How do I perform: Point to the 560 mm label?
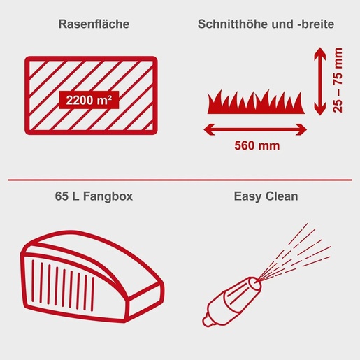click(x=256, y=146)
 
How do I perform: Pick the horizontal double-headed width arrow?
click(x=256, y=128)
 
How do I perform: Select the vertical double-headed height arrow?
click(x=319, y=80)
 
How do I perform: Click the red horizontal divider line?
click(x=180, y=180)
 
